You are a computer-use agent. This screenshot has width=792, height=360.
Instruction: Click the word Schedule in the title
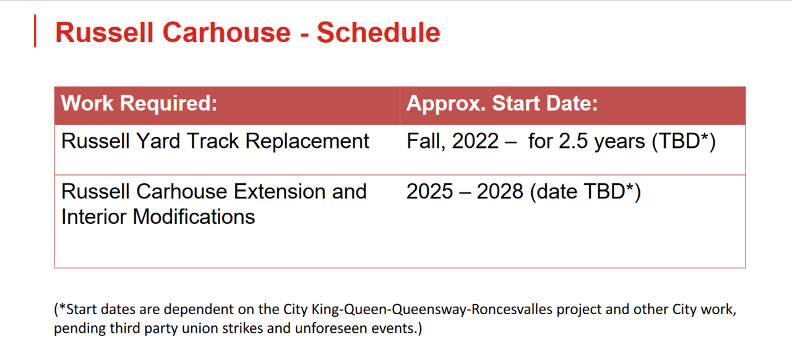[x=378, y=33]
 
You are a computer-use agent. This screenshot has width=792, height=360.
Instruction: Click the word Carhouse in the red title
[x=226, y=33]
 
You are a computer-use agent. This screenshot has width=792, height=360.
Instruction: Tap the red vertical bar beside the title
[x=35, y=31]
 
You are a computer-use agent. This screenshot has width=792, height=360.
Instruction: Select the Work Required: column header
[x=139, y=103]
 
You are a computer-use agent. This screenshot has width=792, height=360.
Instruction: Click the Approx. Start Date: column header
[x=502, y=104]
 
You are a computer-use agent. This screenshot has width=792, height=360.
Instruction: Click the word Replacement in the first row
[x=308, y=142]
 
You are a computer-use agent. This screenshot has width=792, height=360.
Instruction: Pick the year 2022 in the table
[x=475, y=141]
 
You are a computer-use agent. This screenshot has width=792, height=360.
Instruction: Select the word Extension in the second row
[x=279, y=192]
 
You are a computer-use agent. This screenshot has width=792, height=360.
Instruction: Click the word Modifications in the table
[x=194, y=216]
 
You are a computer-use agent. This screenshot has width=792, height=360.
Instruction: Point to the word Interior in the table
[x=93, y=216]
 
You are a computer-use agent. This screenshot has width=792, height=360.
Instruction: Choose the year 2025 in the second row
[x=429, y=192]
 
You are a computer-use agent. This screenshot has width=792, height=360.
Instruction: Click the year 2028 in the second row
[x=500, y=192]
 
